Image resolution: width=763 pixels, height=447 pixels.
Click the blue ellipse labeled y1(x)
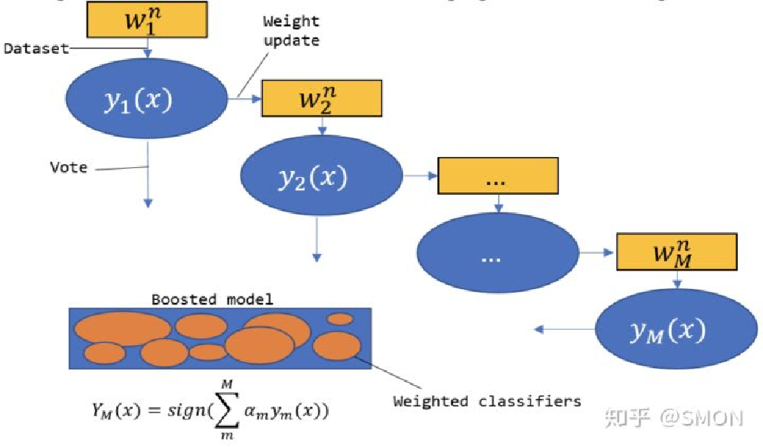point(147,100)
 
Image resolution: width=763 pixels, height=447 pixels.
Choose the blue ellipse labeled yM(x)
point(666,330)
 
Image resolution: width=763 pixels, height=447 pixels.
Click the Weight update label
point(292,31)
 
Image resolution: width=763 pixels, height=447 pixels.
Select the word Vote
point(69,166)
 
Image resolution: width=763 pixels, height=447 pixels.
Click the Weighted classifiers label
point(487,400)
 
